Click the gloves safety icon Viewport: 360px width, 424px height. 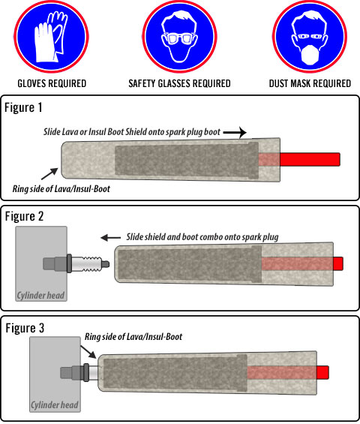click(x=51, y=37)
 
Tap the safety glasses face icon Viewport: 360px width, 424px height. click(x=179, y=37)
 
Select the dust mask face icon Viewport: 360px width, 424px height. click(x=310, y=37)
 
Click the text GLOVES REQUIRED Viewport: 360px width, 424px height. click(x=52, y=83)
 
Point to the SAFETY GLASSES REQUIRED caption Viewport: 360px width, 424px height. click(x=179, y=83)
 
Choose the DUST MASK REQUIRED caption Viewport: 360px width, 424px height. click(x=310, y=83)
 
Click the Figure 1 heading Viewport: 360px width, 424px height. click(x=23, y=107)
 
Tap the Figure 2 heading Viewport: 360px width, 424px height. click(x=24, y=216)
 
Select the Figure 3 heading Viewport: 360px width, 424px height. click(x=25, y=328)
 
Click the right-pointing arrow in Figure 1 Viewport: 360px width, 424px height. click(x=235, y=133)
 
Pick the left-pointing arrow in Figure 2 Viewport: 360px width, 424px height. click(x=110, y=238)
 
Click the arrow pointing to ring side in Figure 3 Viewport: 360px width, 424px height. click(x=88, y=352)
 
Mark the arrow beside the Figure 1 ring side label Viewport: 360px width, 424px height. click(x=49, y=173)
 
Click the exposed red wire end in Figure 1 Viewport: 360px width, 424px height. click(x=310, y=160)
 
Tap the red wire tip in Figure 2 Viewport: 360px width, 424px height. click(x=338, y=263)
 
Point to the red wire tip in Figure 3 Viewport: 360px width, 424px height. click(x=322, y=372)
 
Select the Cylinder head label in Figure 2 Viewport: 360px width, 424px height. click(x=40, y=295)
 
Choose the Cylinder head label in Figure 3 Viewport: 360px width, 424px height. click(x=55, y=404)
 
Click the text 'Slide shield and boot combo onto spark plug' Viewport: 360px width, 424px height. click(x=202, y=237)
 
